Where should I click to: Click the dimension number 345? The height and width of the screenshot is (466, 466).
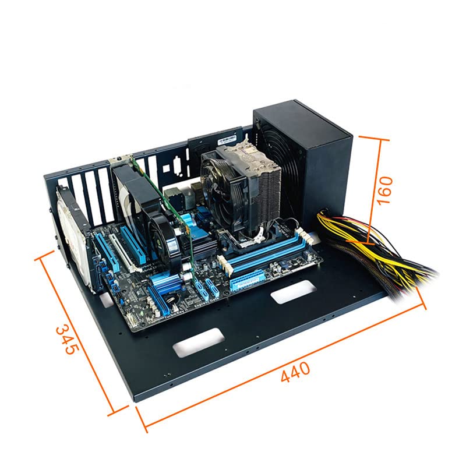point(67,340)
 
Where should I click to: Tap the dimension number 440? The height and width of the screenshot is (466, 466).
point(295,371)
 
